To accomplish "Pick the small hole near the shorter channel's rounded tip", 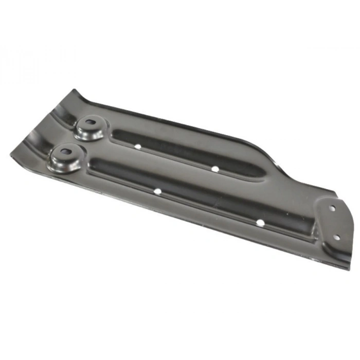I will pos(214,168).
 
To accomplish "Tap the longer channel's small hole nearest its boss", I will pos(157,191).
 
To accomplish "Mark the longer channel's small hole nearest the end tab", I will pos(260,223).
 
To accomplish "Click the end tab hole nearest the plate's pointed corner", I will pos(336,238).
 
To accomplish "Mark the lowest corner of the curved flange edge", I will pos(11,153).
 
